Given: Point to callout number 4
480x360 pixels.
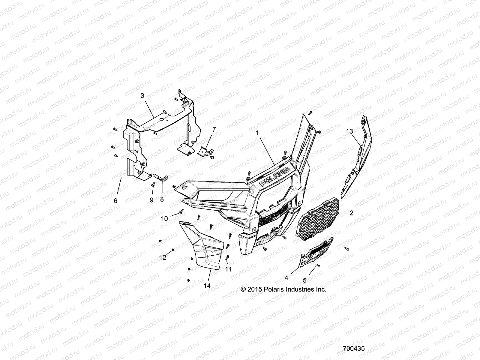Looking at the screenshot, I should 286,278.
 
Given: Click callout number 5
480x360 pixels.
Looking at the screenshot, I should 304,280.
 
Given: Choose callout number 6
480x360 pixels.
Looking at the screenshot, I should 116,201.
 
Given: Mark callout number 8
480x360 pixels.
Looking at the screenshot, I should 162,199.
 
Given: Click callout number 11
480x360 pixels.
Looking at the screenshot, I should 229,269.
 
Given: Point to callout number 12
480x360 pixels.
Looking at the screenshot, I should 163,257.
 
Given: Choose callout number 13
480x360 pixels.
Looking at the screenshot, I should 349,131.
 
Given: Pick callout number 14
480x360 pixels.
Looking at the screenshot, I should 207,286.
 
